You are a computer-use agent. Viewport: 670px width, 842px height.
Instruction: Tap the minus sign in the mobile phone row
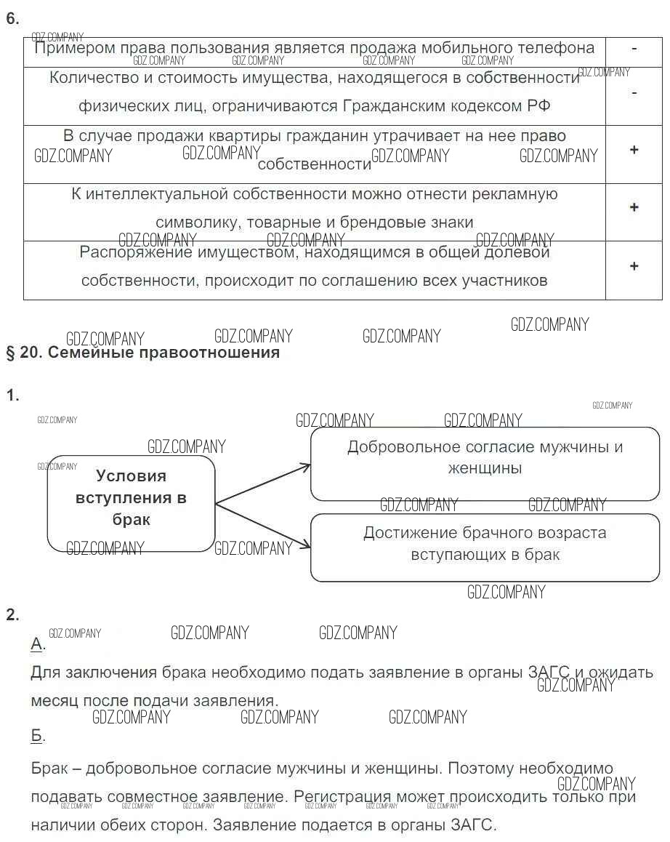[x=634, y=49]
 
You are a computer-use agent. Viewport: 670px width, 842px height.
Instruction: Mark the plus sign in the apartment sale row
[x=634, y=150]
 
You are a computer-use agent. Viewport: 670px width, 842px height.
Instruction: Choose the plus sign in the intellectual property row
[x=634, y=208]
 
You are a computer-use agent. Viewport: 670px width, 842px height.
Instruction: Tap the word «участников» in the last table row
[x=504, y=281]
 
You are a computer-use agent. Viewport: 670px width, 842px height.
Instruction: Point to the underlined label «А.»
[x=38, y=644]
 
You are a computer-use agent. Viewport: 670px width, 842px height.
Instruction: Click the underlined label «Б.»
[x=38, y=736]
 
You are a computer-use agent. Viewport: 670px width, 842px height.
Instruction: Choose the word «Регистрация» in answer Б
[x=343, y=797]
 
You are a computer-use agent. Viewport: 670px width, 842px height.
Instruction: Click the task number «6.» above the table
[x=12, y=20]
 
